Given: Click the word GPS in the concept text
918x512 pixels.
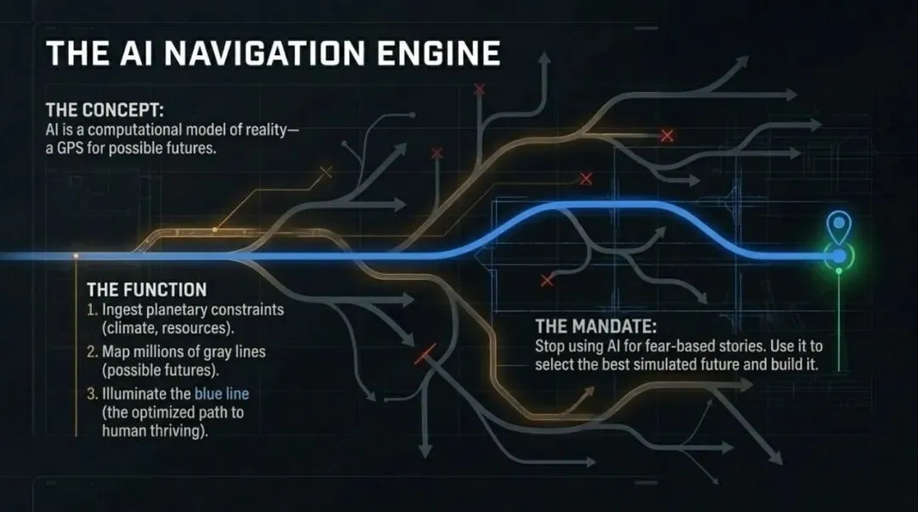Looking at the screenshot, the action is [x=71, y=147].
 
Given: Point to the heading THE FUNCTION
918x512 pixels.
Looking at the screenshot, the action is [x=146, y=289].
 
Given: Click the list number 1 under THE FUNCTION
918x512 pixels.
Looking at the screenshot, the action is [x=91, y=310].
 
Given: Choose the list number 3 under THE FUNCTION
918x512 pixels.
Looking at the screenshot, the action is [x=92, y=393].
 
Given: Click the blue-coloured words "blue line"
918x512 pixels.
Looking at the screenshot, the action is [x=222, y=393].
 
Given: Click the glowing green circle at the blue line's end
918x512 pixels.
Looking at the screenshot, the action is [x=840, y=255].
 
